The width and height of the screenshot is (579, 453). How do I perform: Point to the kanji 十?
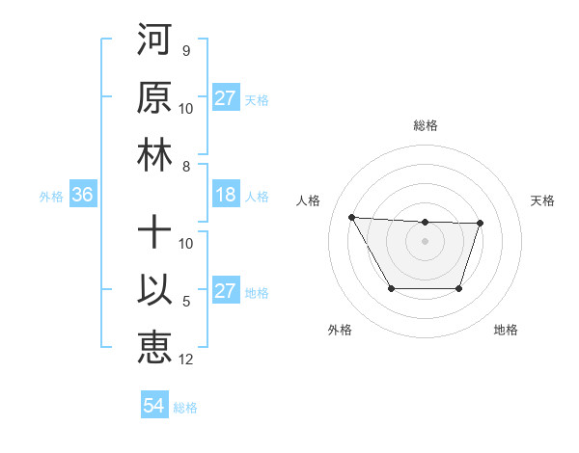point(154,232)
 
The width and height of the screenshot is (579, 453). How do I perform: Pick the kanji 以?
point(154,290)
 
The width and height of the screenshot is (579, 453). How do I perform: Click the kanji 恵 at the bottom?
point(154,347)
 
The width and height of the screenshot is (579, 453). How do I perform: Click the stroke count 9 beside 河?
point(186,51)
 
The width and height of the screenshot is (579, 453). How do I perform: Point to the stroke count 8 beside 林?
point(186,167)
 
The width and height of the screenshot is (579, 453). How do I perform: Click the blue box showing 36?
point(82,196)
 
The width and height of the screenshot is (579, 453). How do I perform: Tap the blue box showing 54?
point(153,407)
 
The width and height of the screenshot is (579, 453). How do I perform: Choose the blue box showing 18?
point(225,196)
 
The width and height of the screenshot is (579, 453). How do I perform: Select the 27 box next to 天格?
point(225,98)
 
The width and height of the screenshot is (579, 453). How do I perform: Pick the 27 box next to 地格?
point(225,292)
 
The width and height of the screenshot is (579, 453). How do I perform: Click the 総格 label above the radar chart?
point(425,125)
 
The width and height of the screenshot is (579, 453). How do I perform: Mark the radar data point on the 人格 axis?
point(351,217)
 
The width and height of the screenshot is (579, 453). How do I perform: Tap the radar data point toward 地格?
point(459,288)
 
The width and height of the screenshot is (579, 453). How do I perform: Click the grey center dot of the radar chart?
point(425,240)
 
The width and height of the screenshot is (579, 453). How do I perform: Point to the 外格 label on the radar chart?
point(340,331)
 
